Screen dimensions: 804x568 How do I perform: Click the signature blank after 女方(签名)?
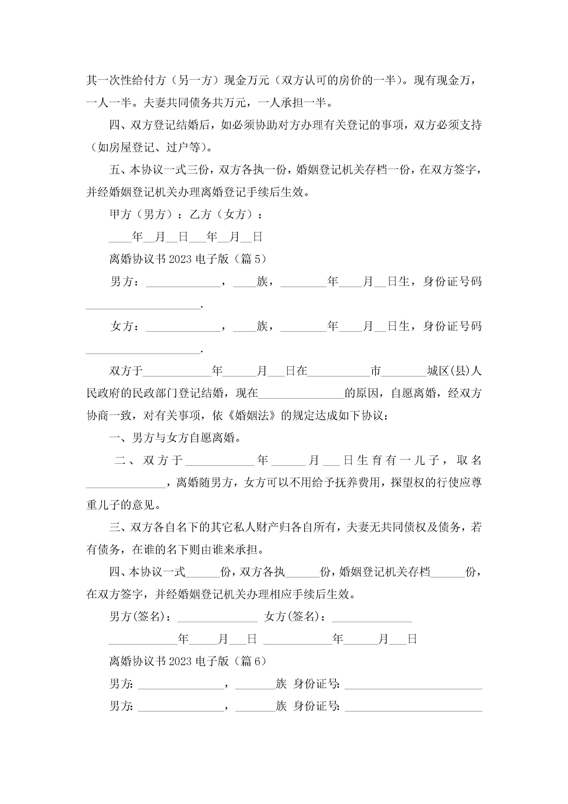[372, 618]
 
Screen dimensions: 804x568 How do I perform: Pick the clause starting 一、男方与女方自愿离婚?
[175, 438]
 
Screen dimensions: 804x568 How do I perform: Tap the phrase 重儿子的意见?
[120, 505]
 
